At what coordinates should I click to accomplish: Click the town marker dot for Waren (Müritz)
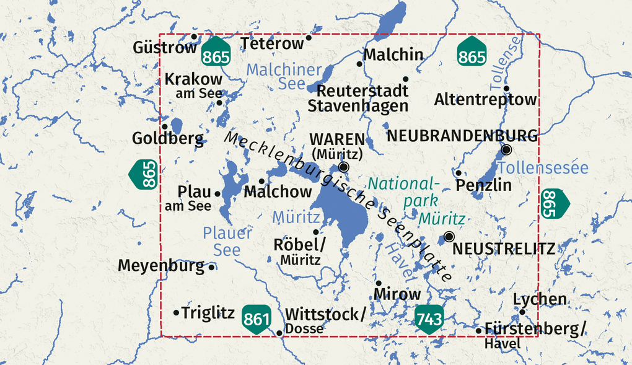[x=344, y=167]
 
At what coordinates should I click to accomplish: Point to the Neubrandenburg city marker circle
[x=506, y=149]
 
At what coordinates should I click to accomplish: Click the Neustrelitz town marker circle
[x=449, y=236]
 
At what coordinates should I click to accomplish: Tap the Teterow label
[x=273, y=43]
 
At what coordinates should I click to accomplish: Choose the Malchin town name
[x=393, y=55]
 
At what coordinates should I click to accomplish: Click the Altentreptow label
[x=485, y=99]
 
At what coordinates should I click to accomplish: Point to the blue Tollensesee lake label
[x=542, y=167]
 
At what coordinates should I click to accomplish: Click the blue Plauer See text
[x=227, y=241]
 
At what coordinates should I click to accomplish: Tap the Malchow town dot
[x=261, y=182]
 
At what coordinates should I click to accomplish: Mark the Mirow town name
[x=398, y=294]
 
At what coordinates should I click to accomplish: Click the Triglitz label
[x=208, y=313]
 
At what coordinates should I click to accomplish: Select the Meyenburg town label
[x=160, y=266]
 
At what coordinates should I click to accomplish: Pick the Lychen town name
[x=540, y=299]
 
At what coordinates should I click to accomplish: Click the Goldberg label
[x=167, y=138]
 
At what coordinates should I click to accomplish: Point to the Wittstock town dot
[x=279, y=333]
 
